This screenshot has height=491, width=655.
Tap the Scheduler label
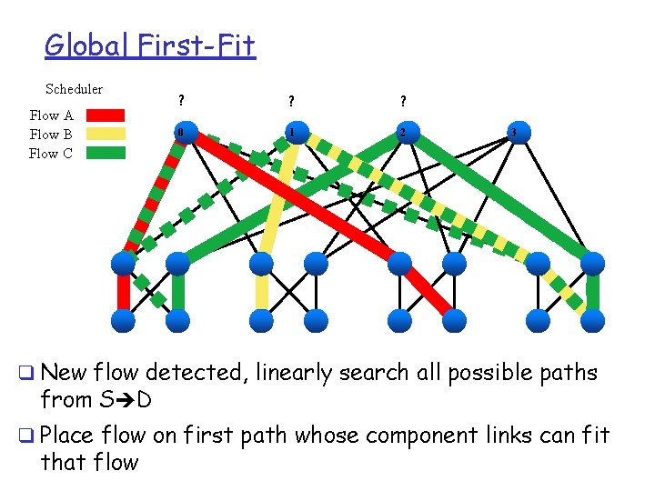[74, 89]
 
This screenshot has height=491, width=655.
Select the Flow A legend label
[51, 115]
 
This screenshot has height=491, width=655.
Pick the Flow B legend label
[51, 135]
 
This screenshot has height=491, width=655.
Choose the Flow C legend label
[51, 154]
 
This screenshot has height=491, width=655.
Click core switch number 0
[181, 133]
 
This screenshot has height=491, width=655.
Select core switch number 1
[292, 133]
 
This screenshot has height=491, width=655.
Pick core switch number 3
[514, 133]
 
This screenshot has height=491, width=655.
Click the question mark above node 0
[181, 101]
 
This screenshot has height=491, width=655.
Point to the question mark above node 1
[291, 101]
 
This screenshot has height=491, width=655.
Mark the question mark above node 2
[402, 101]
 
